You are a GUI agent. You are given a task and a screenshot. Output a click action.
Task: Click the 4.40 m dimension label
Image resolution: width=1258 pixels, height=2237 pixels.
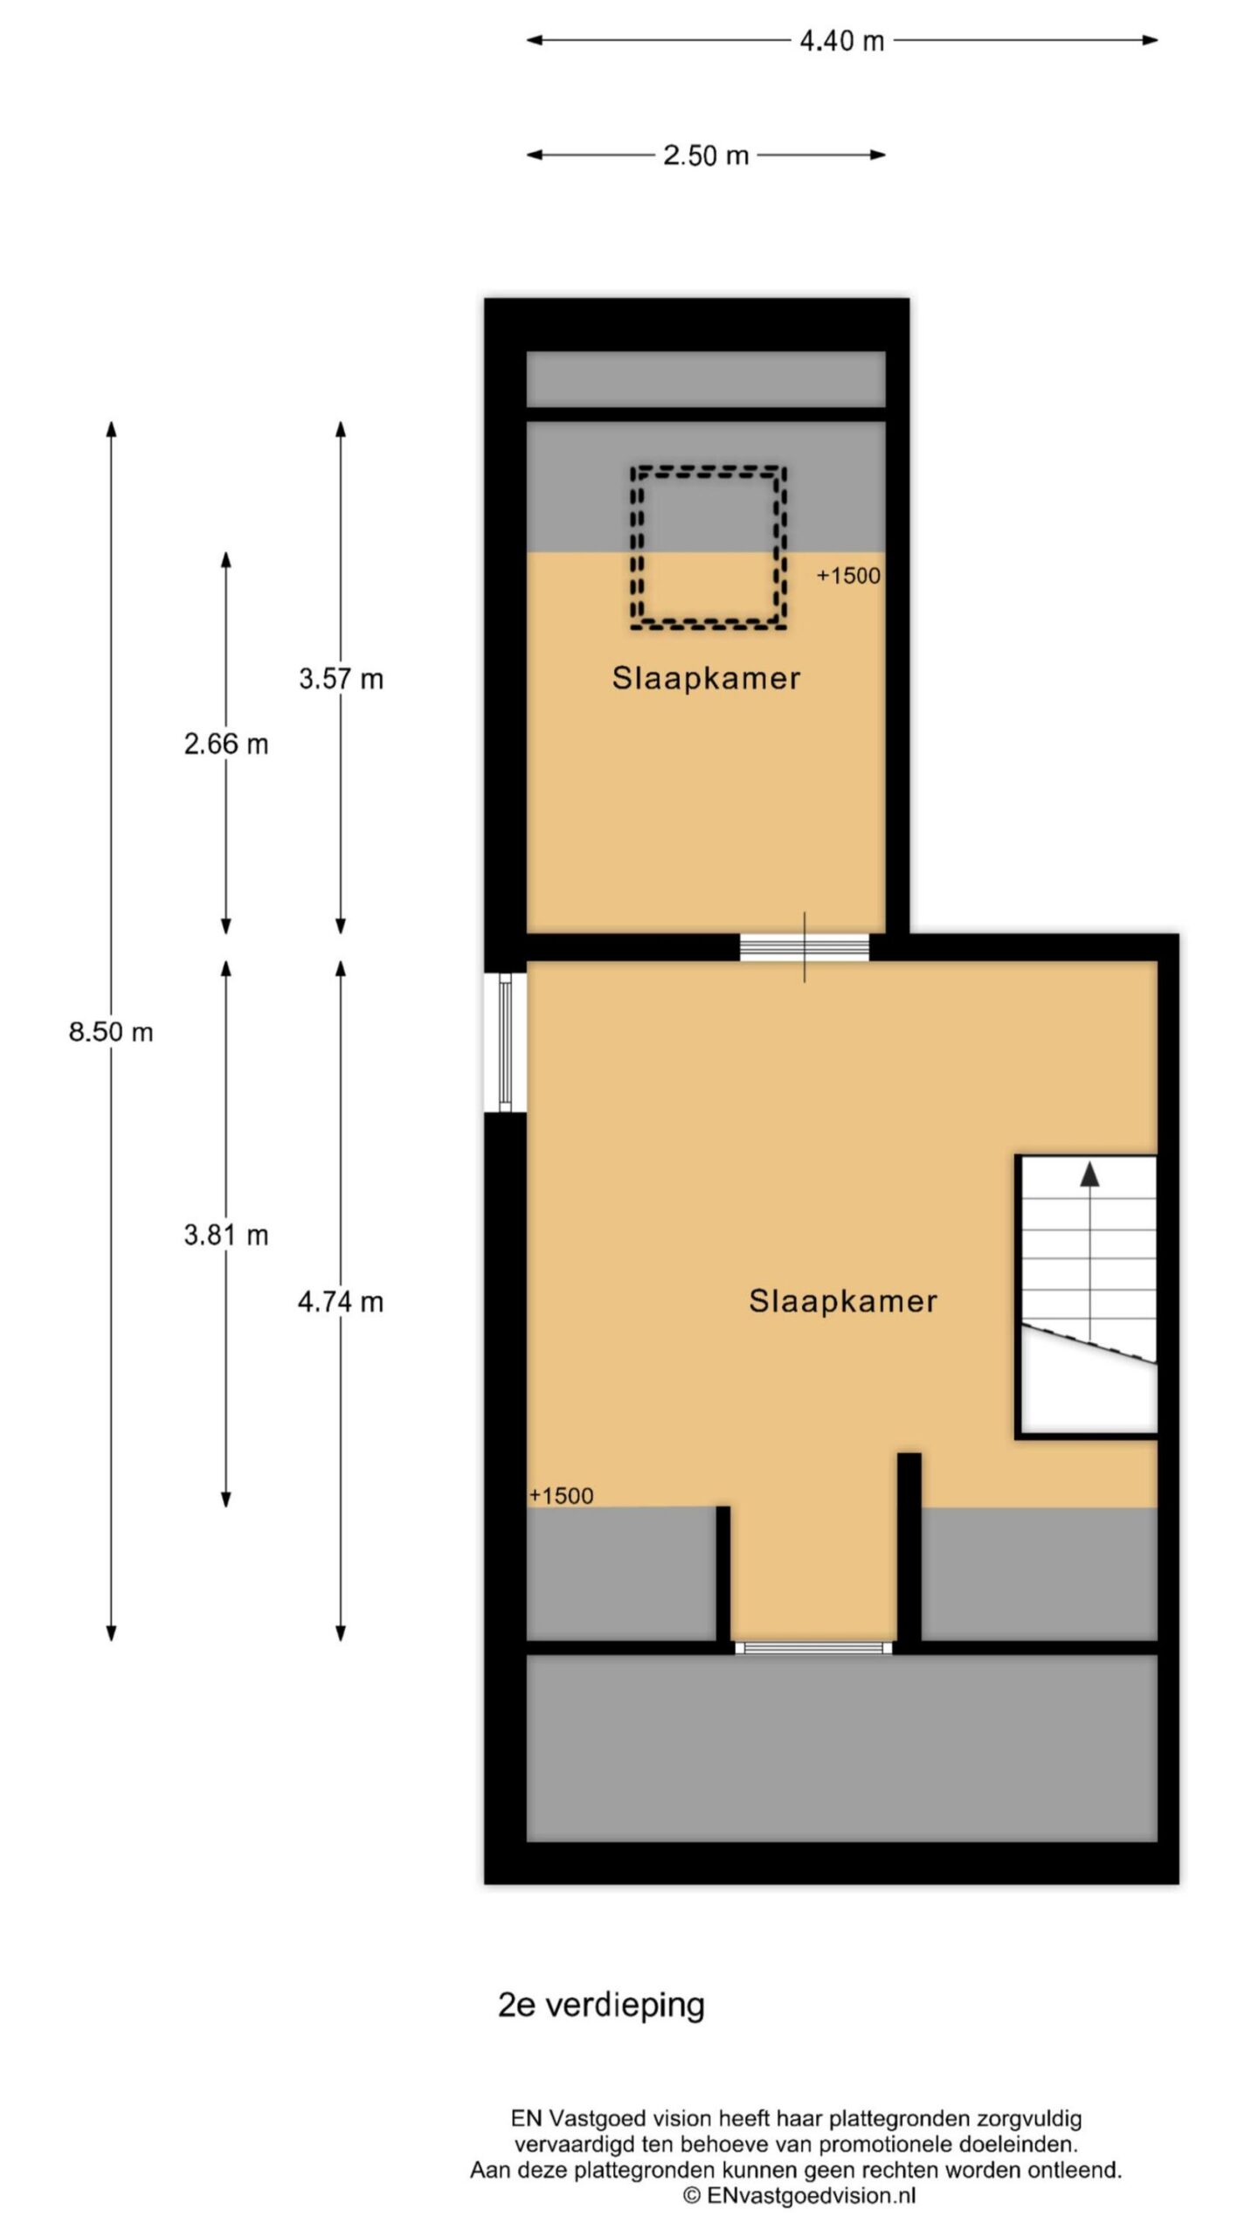(841, 41)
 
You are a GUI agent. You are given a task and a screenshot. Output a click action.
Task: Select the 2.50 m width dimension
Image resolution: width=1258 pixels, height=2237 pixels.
(706, 156)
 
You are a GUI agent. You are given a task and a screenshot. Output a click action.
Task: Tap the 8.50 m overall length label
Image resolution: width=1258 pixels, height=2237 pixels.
(111, 1032)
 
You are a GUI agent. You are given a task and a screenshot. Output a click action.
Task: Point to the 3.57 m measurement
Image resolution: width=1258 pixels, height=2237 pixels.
(341, 679)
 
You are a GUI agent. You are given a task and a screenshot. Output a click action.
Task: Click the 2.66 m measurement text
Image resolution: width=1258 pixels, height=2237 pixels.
(225, 745)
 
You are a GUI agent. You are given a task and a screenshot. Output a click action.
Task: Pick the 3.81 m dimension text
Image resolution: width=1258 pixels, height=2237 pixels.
(225, 1236)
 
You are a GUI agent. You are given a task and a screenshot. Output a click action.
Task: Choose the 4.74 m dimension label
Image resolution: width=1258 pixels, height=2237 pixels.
(341, 1303)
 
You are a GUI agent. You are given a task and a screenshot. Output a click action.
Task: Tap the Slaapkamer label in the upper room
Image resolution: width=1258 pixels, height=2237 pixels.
(706, 679)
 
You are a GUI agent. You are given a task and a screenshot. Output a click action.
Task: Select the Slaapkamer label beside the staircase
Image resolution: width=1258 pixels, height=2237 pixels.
(843, 1301)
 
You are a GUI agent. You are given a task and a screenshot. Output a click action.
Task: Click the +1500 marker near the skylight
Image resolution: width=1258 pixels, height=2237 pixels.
(848, 577)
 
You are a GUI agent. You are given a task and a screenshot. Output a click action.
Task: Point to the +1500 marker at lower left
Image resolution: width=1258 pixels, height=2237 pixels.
(561, 1496)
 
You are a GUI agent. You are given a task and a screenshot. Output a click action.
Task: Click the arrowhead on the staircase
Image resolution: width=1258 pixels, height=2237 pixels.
(1089, 1174)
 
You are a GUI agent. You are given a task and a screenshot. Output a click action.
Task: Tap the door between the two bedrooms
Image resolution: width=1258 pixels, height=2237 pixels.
(805, 947)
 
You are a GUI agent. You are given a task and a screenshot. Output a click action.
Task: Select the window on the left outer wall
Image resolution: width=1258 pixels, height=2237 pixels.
(505, 1042)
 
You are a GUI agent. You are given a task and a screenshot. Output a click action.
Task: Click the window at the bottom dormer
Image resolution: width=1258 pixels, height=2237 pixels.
(813, 1648)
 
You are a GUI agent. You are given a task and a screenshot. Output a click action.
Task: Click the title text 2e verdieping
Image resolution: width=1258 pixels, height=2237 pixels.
(601, 2005)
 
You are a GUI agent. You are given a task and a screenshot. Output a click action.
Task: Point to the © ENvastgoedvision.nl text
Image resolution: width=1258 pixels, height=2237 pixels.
(799, 2195)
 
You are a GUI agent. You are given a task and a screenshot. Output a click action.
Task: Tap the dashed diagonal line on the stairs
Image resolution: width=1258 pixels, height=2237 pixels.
(1089, 1345)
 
